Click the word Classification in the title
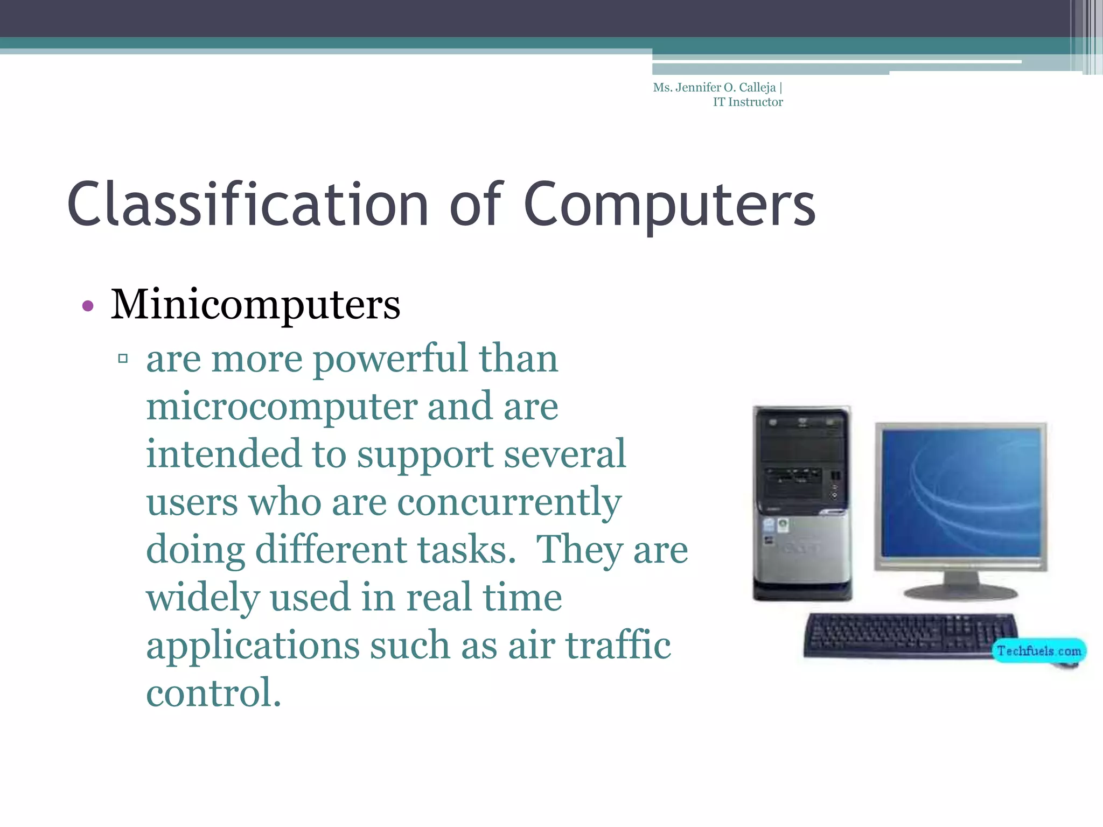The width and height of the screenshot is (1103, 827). point(248,205)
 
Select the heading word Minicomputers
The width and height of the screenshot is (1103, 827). point(255,305)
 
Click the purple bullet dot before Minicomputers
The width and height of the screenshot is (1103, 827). point(88,306)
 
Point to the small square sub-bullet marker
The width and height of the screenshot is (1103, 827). point(123,358)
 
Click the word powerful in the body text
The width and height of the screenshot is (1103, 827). point(390,360)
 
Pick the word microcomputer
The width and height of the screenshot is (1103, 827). point(281,408)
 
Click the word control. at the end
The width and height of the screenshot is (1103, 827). point(213,693)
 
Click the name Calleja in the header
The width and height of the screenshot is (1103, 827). point(757,88)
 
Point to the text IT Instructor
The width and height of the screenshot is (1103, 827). point(748,102)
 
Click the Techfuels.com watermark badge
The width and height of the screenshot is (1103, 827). point(1038,651)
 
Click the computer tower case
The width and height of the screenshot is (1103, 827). point(802,503)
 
